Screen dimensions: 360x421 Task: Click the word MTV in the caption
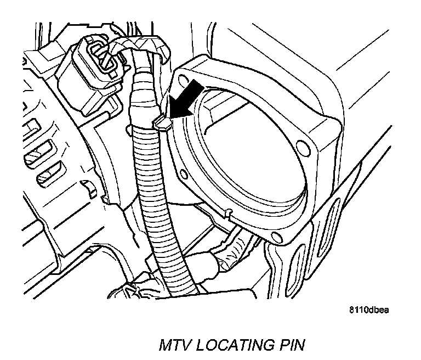(x=174, y=346)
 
